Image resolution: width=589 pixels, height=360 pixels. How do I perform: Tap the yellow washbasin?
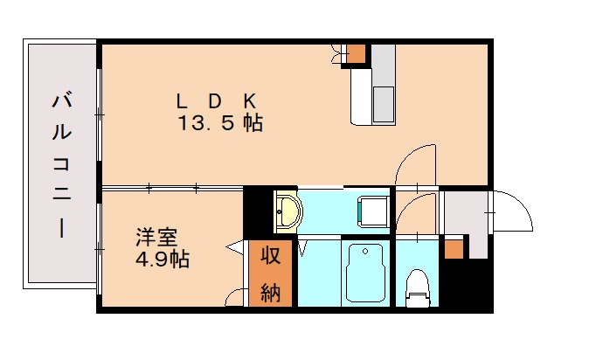tap(287, 211)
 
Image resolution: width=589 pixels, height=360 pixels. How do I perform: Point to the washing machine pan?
tap(374, 211)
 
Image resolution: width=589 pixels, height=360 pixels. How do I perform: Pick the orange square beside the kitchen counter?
tap(357, 52)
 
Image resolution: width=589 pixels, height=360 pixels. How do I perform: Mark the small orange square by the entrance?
tap(453, 249)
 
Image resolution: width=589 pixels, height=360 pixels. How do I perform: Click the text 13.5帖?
tap(221, 123)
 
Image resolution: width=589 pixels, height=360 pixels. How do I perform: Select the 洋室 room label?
tap(156, 237)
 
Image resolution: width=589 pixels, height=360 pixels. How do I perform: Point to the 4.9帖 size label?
tap(161, 259)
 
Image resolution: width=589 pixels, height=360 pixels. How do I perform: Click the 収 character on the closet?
tap(270, 258)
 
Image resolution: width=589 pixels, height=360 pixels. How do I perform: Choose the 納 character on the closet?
tap(270, 293)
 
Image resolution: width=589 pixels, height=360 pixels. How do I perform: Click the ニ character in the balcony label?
tap(61, 196)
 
